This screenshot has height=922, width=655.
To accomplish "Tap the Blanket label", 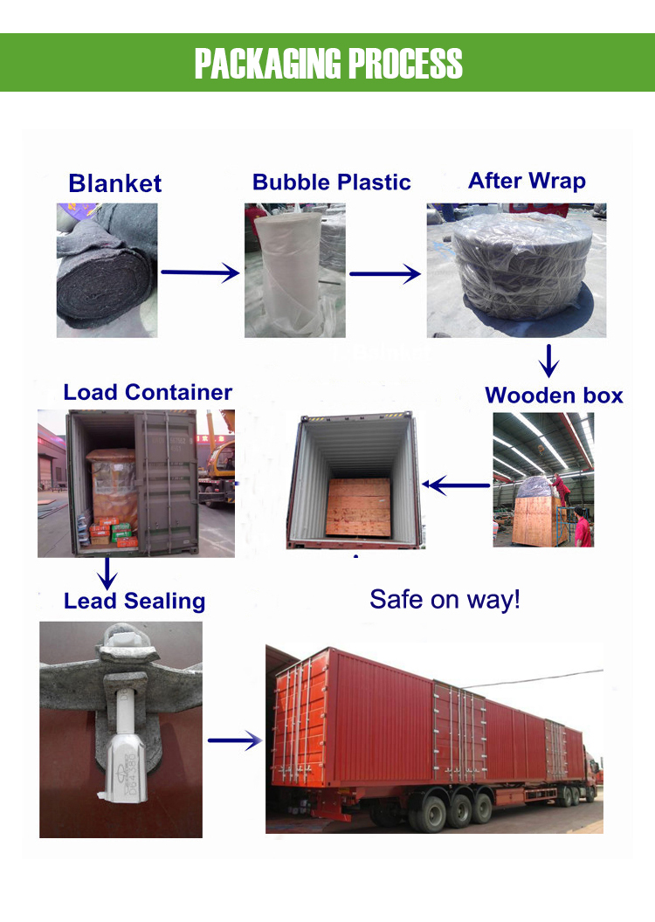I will [x=114, y=183].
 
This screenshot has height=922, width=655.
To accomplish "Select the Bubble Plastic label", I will [x=331, y=182].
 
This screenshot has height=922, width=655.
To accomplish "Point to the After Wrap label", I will [x=527, y=181].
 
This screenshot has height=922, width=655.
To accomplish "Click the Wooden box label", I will [x=554, y=395].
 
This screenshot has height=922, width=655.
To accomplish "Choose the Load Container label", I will [x=148, y=392].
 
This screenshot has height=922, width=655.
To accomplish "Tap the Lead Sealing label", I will [x=134, y=601].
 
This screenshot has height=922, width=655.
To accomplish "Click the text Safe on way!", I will [x=445, y=599].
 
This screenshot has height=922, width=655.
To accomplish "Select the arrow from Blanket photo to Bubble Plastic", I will [x=200, y=273].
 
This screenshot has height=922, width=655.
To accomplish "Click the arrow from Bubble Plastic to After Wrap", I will [x=384, y=273].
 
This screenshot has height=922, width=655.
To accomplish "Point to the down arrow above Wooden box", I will [x=548, y=361].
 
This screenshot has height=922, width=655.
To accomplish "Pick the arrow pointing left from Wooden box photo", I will [x=455, y=484].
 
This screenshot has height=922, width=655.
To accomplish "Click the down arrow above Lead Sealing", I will [x=107, y=573].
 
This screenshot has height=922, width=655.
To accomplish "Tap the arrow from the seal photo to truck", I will [x=235, y=741].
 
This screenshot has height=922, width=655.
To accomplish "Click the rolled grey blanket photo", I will [x=107, y=271].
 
